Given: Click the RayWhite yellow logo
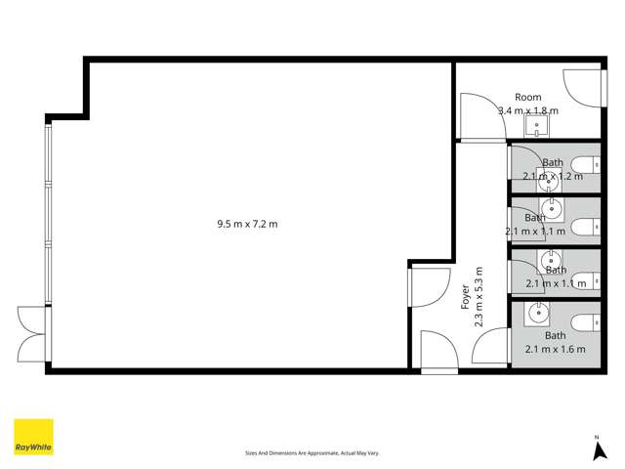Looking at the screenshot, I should [x=33, y=438].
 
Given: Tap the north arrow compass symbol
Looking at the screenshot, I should [x=598, y=448].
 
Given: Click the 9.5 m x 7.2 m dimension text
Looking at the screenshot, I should [x=247, y=224].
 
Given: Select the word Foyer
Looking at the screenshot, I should [x=465, y=297].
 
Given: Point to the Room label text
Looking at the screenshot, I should [x=528, y=98].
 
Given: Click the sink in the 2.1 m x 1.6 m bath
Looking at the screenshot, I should [x=537, y=314].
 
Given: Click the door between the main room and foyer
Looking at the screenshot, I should [x=424, y=286].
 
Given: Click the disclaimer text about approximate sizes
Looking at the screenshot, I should [x=312, y=453].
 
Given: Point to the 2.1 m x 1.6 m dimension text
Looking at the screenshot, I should [x=555, y=349].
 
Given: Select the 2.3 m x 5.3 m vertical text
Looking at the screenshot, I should [x=479, y=297].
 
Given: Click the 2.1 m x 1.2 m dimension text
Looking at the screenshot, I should [x=553, y=177].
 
